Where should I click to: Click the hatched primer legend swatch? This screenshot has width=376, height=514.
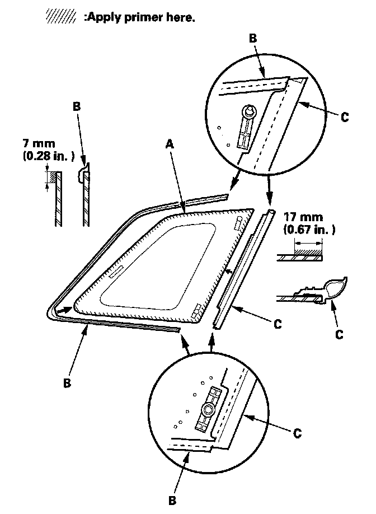point(61,17)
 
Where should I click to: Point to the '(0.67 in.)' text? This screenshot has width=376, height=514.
point(309,230)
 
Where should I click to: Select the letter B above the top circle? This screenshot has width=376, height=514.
point(252,38)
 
